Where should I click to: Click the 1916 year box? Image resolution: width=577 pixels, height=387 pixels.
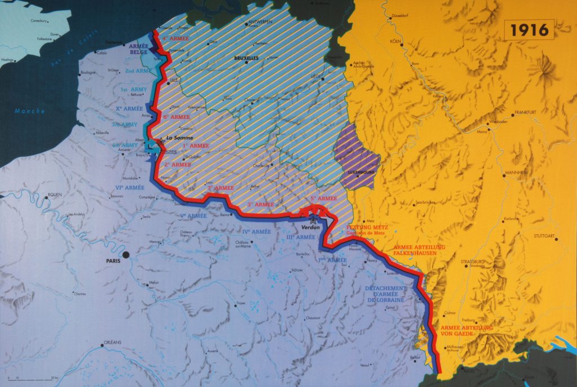click(x=529, y=29)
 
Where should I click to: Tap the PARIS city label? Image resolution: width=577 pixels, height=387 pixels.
click(x=113, y=261)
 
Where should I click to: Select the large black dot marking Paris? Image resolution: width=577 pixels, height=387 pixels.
click(x=126, y=255)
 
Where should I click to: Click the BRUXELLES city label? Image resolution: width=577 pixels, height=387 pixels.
click(x=247, y=58)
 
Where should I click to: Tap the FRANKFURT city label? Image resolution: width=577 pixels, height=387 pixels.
click(x=524, y=112)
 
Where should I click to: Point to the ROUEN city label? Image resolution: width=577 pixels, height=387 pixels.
click(x=55, y=195)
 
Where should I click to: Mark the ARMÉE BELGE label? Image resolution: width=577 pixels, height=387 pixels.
click(x=139, y=49)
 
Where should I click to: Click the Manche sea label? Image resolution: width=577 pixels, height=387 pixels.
click(x=30, y=111)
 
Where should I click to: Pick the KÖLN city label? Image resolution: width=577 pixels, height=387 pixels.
click(x=394, y=41)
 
